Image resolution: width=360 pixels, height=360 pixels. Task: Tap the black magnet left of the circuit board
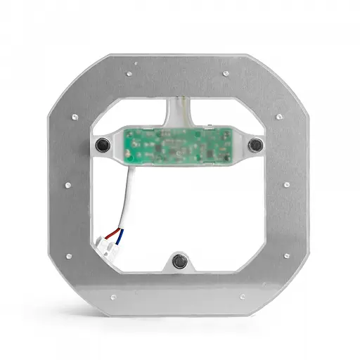click(103, 146)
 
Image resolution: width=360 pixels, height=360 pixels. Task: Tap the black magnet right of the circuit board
click(255, 145)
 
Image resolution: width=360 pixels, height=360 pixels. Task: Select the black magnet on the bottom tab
click(179, 262)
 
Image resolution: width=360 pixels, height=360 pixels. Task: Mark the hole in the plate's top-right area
click(226, 72)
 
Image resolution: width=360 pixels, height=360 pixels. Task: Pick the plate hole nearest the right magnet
click(278, 116)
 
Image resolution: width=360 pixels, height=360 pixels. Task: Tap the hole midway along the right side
click(286, 185)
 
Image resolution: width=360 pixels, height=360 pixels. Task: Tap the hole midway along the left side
click(68, 185)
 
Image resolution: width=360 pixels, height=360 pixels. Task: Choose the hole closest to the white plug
click(68, 255)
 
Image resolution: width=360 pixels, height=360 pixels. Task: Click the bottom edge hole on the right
click(243, 296)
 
